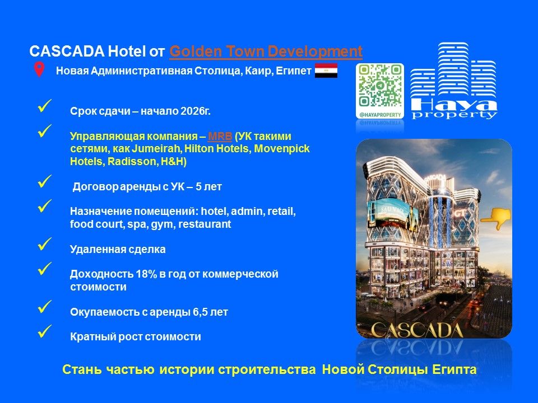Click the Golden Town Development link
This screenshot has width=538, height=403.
[266, 52]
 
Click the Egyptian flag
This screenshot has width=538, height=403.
[326, 71]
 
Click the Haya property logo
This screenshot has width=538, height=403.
[454, 82]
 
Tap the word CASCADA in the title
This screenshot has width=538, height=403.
[67, 52]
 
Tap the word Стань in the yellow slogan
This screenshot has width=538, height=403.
[82, 370]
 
